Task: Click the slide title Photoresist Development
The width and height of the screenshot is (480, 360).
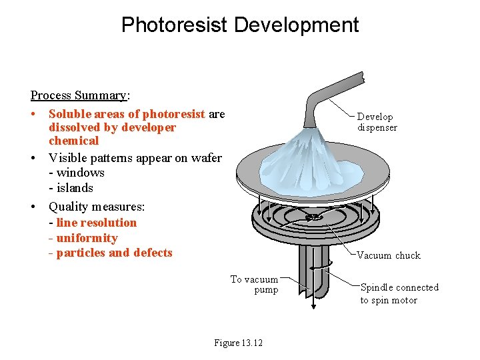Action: pos(240,25)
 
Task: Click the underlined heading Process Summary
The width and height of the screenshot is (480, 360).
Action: pos(80,95)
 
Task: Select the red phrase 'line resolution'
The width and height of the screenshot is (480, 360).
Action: pos(97,223)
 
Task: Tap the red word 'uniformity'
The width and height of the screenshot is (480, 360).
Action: pos(87,238)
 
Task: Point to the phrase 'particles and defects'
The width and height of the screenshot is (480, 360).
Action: pos(115,253)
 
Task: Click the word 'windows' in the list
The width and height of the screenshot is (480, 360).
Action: pos(81,173)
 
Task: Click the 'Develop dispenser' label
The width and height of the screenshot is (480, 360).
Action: pos(377,122)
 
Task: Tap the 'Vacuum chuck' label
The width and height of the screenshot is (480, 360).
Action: pos(389,255)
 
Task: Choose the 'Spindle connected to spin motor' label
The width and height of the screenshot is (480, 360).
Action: pos(399,293)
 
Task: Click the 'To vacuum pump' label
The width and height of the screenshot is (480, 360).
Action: pos(255,285)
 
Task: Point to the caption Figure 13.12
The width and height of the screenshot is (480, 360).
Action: pos(238,343)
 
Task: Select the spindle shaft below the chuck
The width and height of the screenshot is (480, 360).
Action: pos(313,270)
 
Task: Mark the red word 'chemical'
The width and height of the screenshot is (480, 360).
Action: pos(73,141)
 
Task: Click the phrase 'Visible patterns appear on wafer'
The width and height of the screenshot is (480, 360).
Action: pos(135,158)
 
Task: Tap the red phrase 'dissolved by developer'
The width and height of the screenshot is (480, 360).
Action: pos(112,127)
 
